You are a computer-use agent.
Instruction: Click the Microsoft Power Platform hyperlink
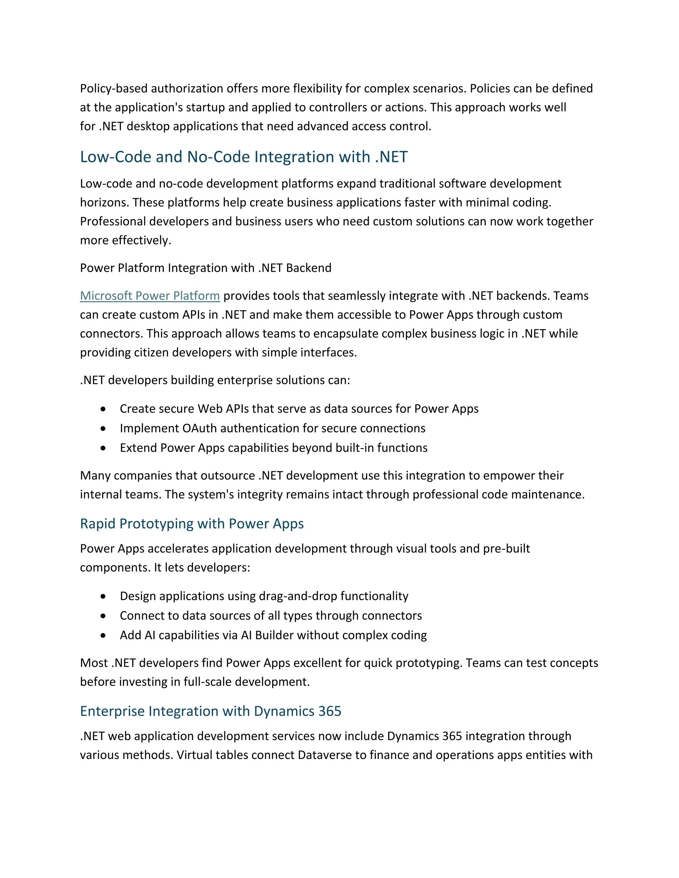pos(150,296)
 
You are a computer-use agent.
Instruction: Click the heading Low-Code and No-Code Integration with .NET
pos(244,157)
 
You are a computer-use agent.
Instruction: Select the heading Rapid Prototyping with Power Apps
pos(192,524)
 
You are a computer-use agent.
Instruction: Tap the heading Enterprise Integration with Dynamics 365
pos(211,711)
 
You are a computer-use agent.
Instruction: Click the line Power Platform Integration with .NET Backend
pos(206,268)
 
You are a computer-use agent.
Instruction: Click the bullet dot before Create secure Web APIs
pos(103,409)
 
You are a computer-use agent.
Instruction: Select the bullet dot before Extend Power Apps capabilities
pos(103,448)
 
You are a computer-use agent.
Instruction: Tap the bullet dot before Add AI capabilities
pos(103,635)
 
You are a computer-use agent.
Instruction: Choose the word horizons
pos(104,203)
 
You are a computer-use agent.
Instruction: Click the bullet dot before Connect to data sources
pos(103,616)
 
